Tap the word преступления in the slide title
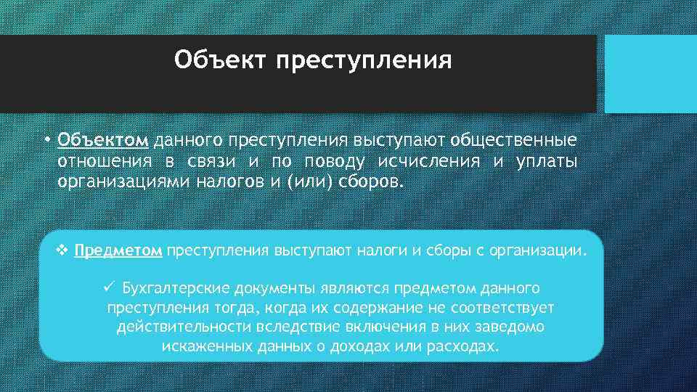363,60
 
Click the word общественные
515,139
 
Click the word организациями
123,180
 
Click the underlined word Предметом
118,251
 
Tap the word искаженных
208,346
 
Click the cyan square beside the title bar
650,74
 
